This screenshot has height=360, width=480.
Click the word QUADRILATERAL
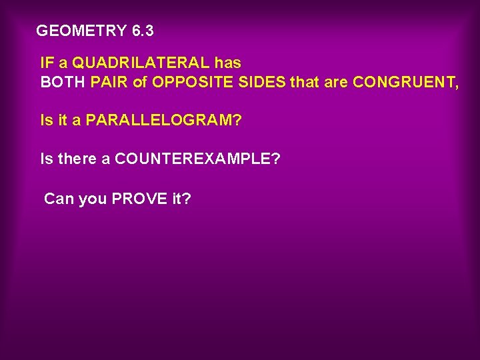[141, 63]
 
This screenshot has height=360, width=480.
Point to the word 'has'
[228, 63]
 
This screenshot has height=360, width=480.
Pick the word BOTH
[63, 83]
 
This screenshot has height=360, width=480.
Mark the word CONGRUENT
[405, 83]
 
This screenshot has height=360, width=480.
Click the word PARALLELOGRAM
[163, 121]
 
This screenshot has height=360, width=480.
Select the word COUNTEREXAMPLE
[197, 159]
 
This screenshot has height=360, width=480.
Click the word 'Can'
[59, 199]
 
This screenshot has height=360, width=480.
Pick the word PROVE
[139, 199]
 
